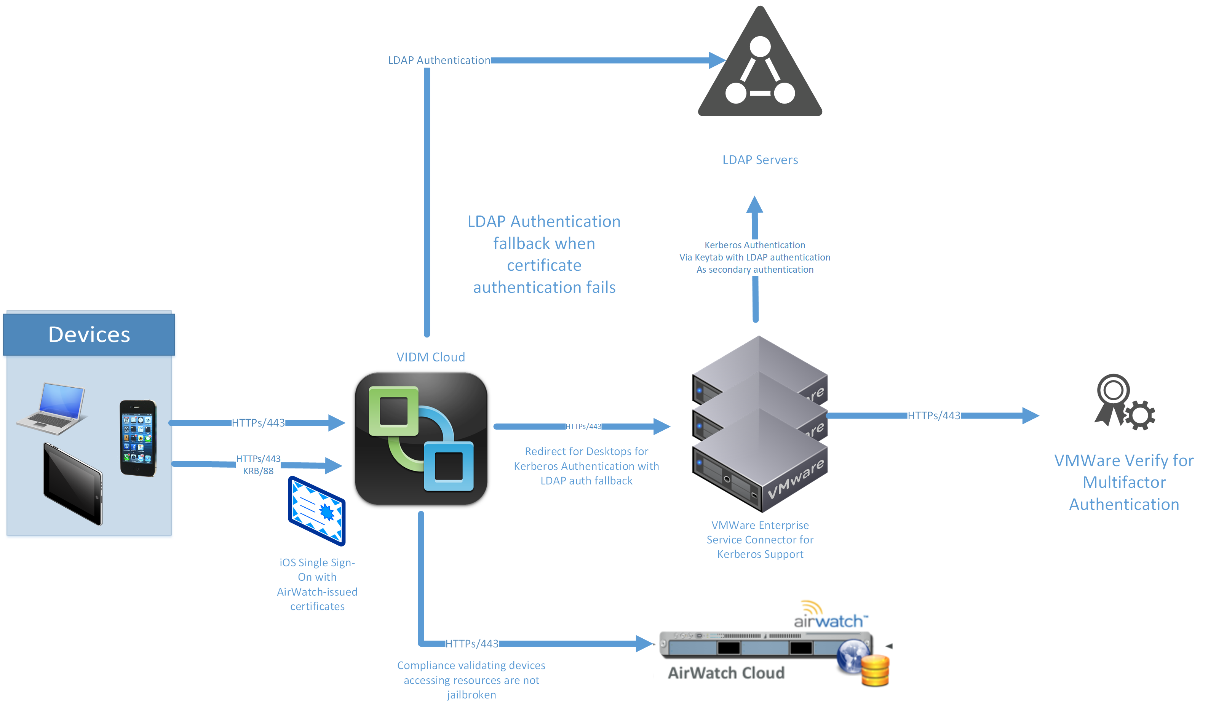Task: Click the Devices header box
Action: [x=89, y=335]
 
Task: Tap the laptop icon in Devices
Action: [x=52, y=409]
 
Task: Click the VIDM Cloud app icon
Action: [x=421, y=439]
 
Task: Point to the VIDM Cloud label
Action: [x=430, y=357]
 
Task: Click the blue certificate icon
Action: [x=317, y=511]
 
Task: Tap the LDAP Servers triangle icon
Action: [x=760, y=67]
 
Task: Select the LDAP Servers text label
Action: [x=760, y=160]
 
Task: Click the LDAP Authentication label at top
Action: [x=439, y=61]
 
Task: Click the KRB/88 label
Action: [x=258, y=471]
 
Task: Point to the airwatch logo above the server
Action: [x=829, y=616]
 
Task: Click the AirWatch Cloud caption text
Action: [x=726, y=673]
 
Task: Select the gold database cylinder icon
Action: [x=875, y=671]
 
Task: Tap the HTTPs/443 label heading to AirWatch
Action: [x=472, y=644]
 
